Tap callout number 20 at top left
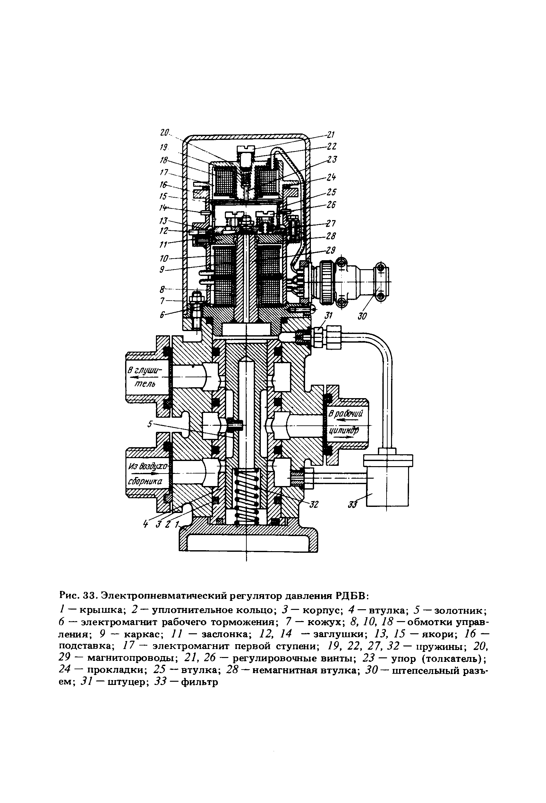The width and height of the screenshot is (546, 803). [165, 132]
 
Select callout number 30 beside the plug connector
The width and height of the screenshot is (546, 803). [362, 315]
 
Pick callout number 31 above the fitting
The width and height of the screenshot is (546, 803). [328, 315]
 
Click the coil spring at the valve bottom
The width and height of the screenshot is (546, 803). [246, 494]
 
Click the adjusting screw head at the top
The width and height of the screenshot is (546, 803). [246, 148]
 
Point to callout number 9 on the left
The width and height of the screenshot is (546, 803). [162, 269]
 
